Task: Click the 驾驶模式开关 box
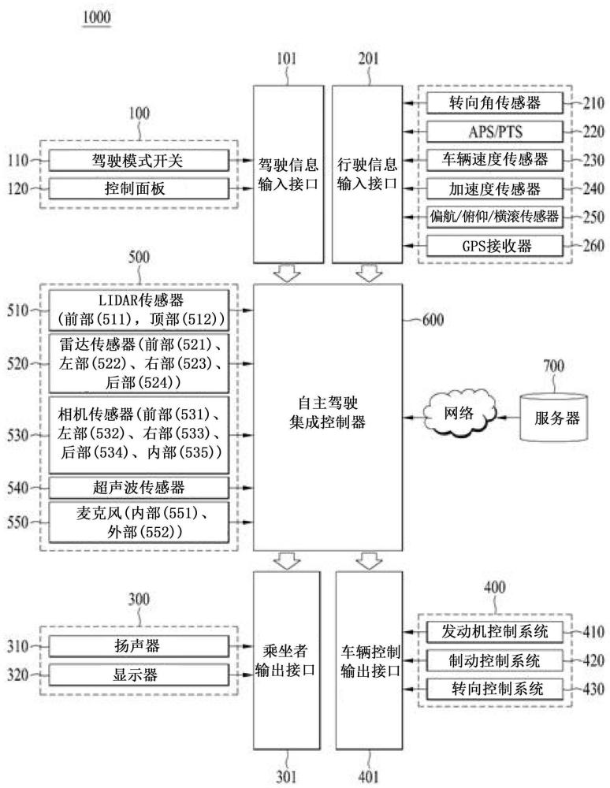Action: [138, 161]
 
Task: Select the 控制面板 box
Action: [138, 189]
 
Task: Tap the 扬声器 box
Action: [138, 646]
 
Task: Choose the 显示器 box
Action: [138, 674]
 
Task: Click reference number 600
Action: [433, 320]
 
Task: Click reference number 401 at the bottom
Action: [368, 777]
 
